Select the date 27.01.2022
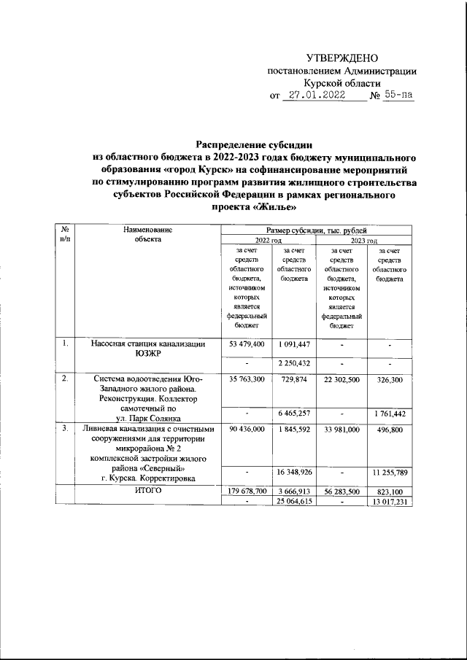tap(319, 95)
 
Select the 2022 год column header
tap(268, 240)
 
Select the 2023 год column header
tap(363, 240)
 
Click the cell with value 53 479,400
tap(247, 343)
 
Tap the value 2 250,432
tap(294, 362)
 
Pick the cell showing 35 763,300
tap(247, 380)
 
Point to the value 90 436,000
tap(247, 430)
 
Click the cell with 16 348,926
tap(294, 473)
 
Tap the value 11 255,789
tap(388, 473)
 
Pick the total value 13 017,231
tap(388, 502)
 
